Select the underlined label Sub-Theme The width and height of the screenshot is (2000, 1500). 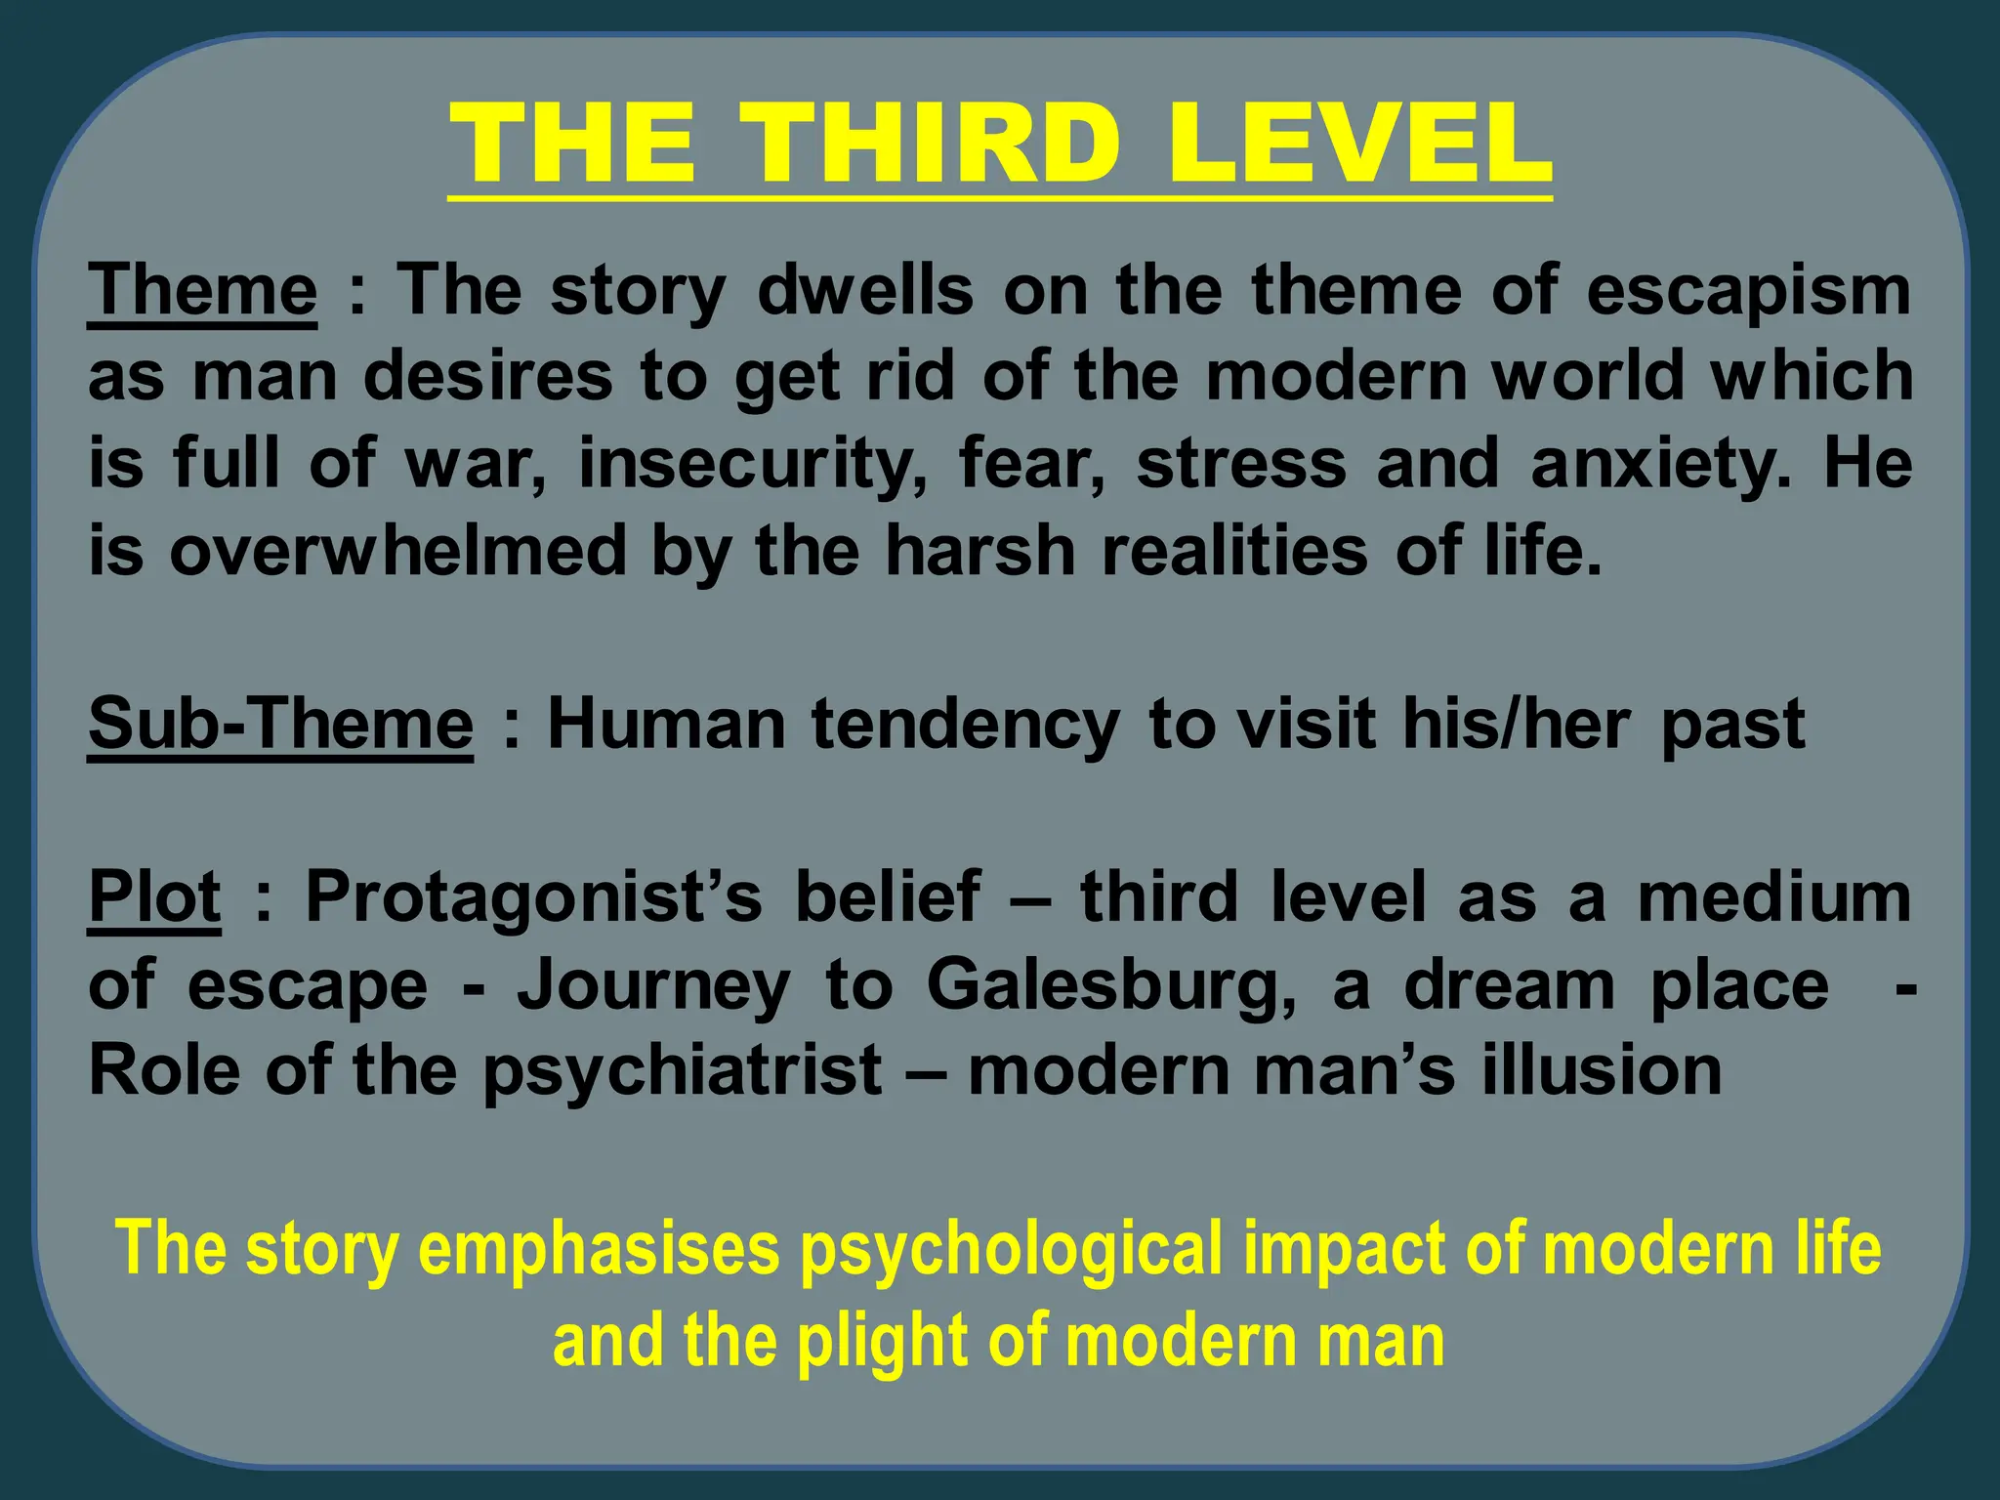click(281, 724)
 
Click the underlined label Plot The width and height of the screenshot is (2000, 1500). click(154, 896)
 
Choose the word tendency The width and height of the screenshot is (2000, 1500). click(965, 724)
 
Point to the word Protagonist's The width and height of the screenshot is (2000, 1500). click(533, 896)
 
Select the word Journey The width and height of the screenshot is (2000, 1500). click(653, 984)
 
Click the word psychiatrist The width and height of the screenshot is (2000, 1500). click(683, 1071)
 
